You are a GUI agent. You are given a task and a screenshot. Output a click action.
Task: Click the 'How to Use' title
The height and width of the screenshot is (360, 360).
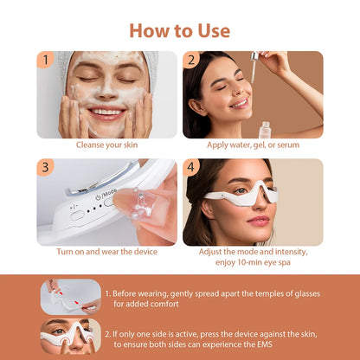point(179,30)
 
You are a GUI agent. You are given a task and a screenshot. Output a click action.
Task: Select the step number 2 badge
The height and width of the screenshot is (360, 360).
point(191,60)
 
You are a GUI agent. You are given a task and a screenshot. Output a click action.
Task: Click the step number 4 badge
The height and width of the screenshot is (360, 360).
point(191,167)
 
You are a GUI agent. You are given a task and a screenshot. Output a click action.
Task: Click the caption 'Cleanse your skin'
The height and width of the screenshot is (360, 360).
point(106,145)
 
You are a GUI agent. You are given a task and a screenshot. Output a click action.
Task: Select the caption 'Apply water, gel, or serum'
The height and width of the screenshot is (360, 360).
point(253,145)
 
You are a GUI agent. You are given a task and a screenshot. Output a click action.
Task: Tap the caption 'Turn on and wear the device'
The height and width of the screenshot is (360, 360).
point(106,252)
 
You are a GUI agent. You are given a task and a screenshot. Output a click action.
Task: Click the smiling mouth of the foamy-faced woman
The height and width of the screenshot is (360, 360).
point(106,112)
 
